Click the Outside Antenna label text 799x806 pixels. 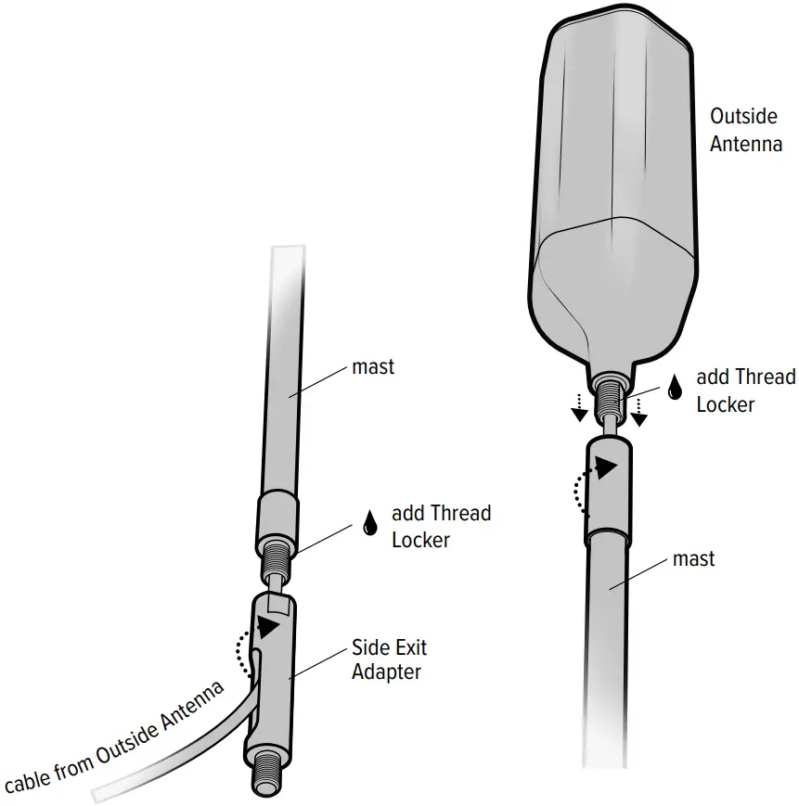pos(745,130)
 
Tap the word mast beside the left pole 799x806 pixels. pos(373,366)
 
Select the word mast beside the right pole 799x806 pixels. pos(693,559)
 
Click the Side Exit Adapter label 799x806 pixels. pos(389,659)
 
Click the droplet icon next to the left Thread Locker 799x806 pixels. pos(370,522)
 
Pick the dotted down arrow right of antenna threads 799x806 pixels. pos(639,408)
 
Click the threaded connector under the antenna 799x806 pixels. pos(609,394)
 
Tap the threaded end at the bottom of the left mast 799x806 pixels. pos(277,560)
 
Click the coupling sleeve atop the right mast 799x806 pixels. pos(608,492)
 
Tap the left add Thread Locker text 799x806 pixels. pos(441,526)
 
